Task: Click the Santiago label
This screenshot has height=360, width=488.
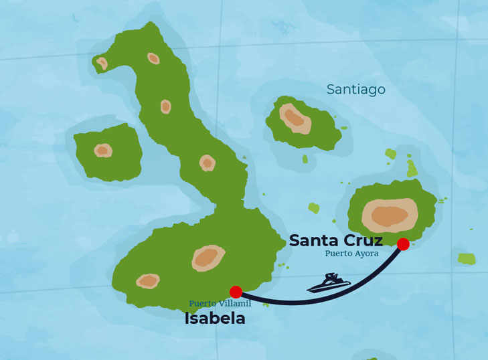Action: [355, 90]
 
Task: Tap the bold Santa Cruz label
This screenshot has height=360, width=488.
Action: [335, 240]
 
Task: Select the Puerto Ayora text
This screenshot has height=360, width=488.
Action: [351, 254]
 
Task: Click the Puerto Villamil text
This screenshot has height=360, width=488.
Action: [220, 303]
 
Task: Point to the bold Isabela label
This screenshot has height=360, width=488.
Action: [215, 319]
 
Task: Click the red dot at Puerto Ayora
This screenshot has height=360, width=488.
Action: [403, 244]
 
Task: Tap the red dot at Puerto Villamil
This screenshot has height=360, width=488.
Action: [236, 292]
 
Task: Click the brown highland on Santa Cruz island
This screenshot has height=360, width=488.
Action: [389, 215]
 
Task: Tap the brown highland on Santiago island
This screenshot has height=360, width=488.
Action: [295, 118]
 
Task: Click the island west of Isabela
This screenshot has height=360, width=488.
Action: [107, 153]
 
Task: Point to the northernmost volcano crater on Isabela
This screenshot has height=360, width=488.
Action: [153, 58]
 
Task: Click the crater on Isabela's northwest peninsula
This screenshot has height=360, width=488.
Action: [102, 63]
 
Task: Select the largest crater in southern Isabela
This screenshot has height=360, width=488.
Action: [208, 258]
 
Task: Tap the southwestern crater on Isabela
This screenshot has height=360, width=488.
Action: [148, 281]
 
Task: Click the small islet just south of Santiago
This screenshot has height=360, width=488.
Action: [305, 159]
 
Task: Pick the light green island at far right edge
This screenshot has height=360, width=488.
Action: [467, 258]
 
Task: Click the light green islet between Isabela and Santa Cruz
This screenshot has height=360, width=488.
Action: [313, 208]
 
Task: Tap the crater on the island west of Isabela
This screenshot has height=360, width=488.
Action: [102, 151]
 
